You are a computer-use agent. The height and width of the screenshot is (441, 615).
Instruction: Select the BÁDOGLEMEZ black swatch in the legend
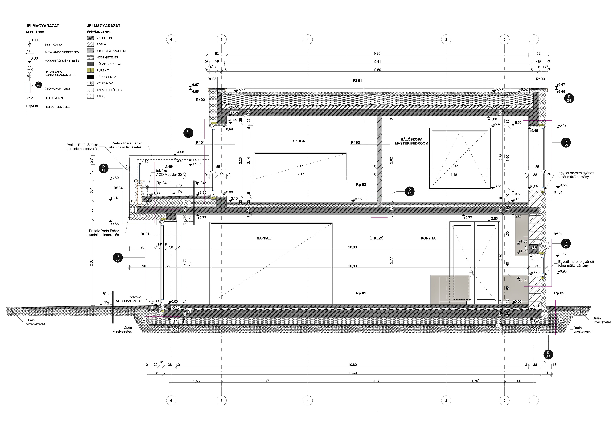point(91,77)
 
